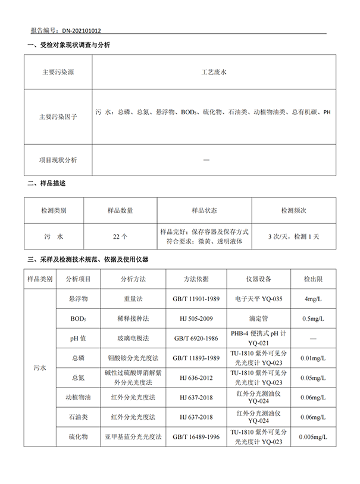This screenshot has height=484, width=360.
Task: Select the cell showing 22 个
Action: pos(120,236)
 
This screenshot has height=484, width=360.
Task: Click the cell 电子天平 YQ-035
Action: pos(259,297)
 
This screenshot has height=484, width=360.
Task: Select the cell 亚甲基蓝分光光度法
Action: pos(133,437)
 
